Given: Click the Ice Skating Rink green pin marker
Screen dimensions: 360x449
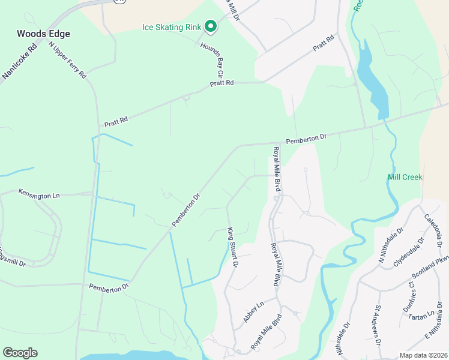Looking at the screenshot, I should point(210,26).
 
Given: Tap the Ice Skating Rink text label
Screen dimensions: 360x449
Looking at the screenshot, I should point(172,26).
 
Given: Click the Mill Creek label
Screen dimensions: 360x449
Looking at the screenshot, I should point(405,177).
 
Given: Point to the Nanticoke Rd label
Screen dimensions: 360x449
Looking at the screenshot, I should point(19,62).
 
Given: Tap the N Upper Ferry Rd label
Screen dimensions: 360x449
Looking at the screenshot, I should point(67,60).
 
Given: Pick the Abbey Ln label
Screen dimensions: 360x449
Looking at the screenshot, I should point(253,313).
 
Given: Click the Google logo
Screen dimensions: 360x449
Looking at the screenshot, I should point(20,353).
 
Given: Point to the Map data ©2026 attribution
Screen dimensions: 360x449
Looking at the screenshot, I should point(424,356).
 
